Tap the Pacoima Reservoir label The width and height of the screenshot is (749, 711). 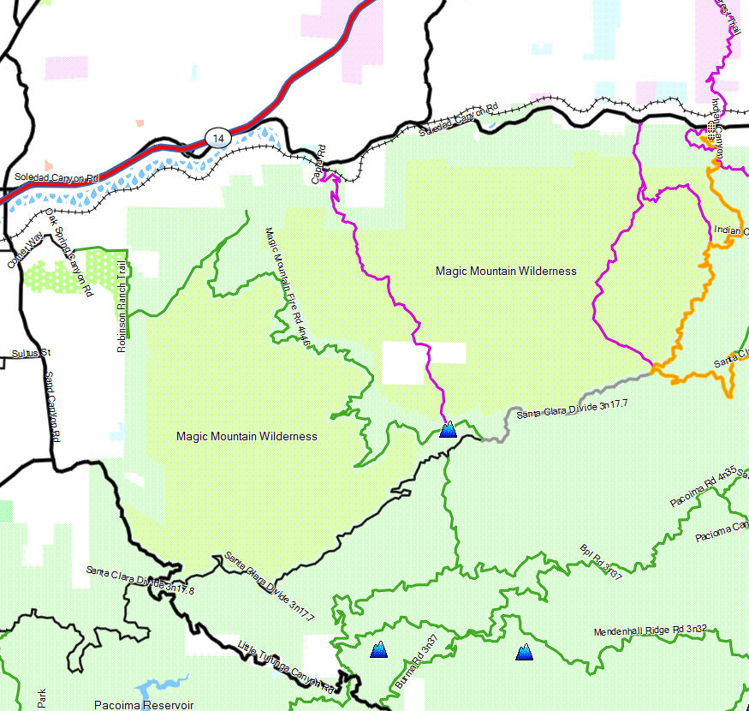[144, 705]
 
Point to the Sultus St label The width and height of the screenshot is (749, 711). [32, 353]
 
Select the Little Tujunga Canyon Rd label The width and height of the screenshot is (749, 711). [284, 666]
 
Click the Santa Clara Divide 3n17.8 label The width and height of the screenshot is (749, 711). [140, 580]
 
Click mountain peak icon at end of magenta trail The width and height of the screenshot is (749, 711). [448, 429]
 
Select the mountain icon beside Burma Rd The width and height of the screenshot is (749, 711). [378, 650]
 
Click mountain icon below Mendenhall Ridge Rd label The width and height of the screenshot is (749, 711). [525, 653]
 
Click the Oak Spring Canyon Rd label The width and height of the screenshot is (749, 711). [68, 253]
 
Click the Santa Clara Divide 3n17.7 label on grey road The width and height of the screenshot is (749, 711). [572, 409]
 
